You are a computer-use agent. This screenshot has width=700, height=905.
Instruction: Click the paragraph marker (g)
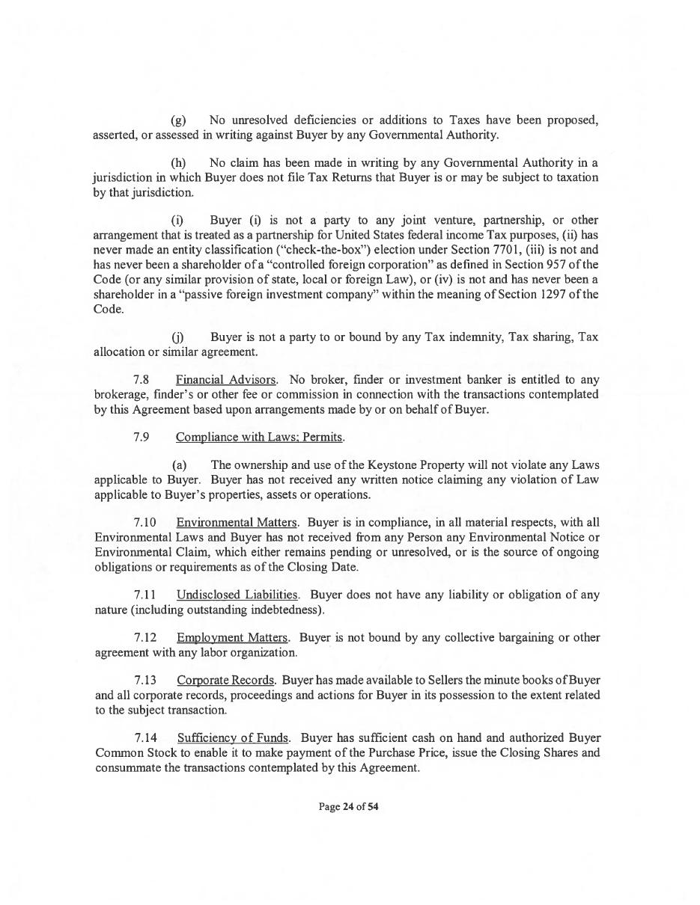pyautogui.click(x=179, y=120)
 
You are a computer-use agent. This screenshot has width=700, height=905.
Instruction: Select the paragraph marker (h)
pyautogui.click(x=179, y=163)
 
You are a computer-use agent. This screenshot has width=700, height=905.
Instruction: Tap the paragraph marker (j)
pyautogui.click(x=178, y=337)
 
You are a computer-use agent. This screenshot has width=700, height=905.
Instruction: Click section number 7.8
pyautogui.click(x=141, y=380)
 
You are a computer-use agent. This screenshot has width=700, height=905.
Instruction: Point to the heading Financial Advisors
pyautogui.click(x=226, y=380)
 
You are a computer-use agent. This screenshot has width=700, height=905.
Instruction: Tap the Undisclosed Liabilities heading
pyautogui.click(x=237, y=595)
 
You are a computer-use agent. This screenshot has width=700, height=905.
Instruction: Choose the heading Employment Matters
pyautogui.click(x=232, y=637)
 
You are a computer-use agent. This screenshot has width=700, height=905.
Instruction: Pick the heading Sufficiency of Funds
pyautogui.click(x=233, y=738)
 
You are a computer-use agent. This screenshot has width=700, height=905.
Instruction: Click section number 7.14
pyautogui.click(x=145, y=738)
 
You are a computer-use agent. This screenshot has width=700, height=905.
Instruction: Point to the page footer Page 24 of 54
pyautogui.click(x=349, y=807)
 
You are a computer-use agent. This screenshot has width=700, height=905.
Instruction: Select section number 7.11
pyautogui.click(x=145, y=595)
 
